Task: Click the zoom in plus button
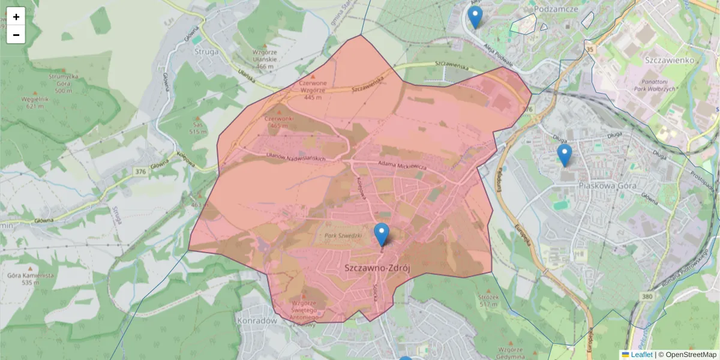point(16,17)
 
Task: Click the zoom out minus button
point(16,35)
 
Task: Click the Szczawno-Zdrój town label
point(377,269)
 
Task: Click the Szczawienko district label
point(670,60)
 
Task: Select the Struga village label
point(207,51)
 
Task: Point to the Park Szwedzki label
point(343,236)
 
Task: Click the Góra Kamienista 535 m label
point(30,278)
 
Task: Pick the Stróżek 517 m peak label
point(489,301)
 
